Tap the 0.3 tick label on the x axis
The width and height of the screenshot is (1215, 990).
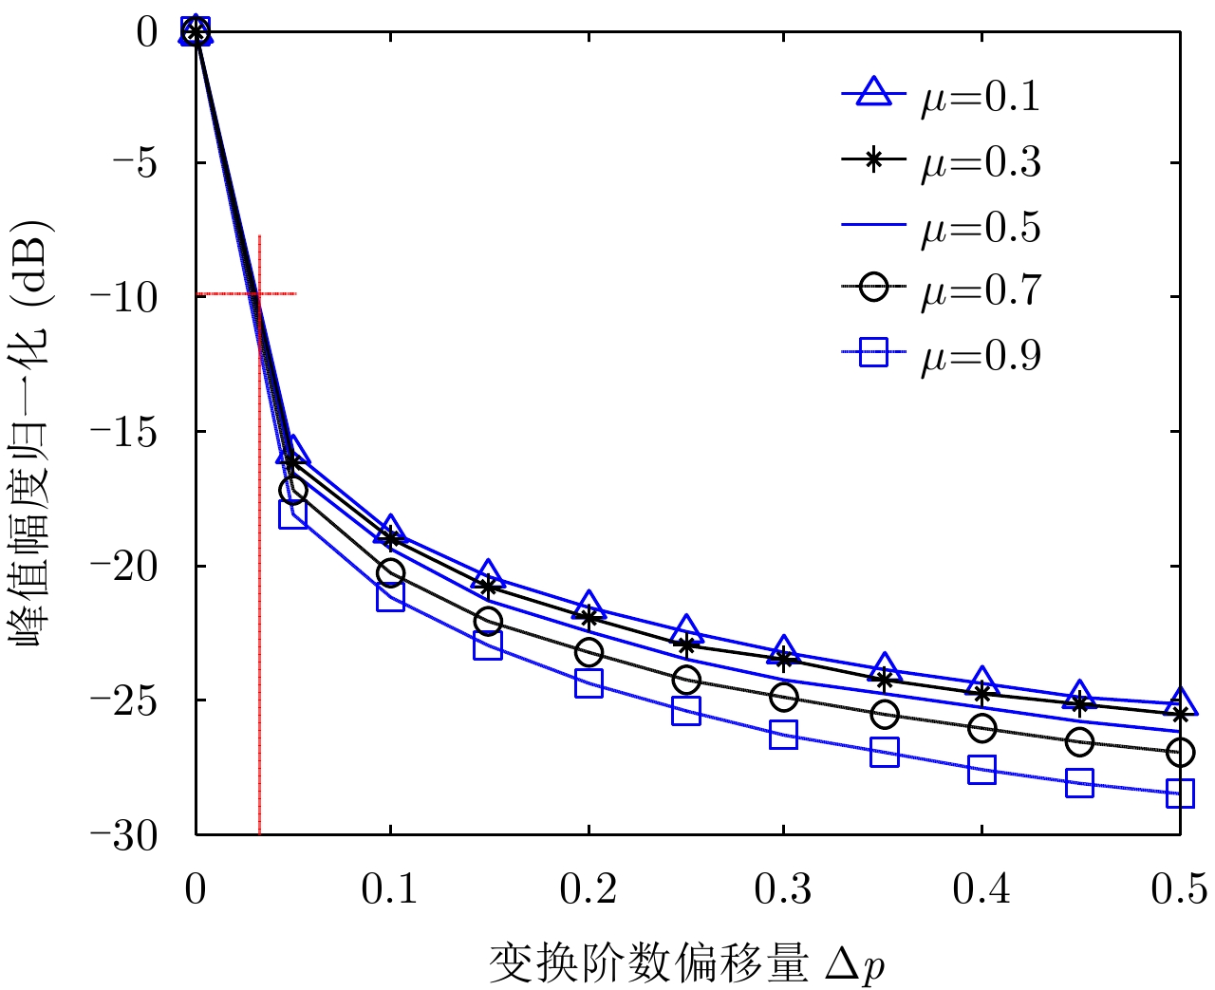click(783, 889)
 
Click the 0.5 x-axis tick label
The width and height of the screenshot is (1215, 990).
click(1179, 889)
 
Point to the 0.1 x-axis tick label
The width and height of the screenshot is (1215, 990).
click(389, 889)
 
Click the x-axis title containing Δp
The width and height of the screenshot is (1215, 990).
click(687, 963)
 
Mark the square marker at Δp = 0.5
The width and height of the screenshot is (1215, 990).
click(1180, 793)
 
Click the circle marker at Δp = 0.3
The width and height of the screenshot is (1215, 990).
click(784, 697)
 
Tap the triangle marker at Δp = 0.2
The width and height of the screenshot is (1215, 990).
click(589, 603)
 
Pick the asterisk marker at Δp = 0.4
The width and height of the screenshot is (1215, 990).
click(982, 693)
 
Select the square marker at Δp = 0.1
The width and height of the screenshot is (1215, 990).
click(390, 596)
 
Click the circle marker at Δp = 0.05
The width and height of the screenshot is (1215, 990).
click(293, 490)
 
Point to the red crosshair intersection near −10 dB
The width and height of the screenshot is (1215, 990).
click(259, 294)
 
